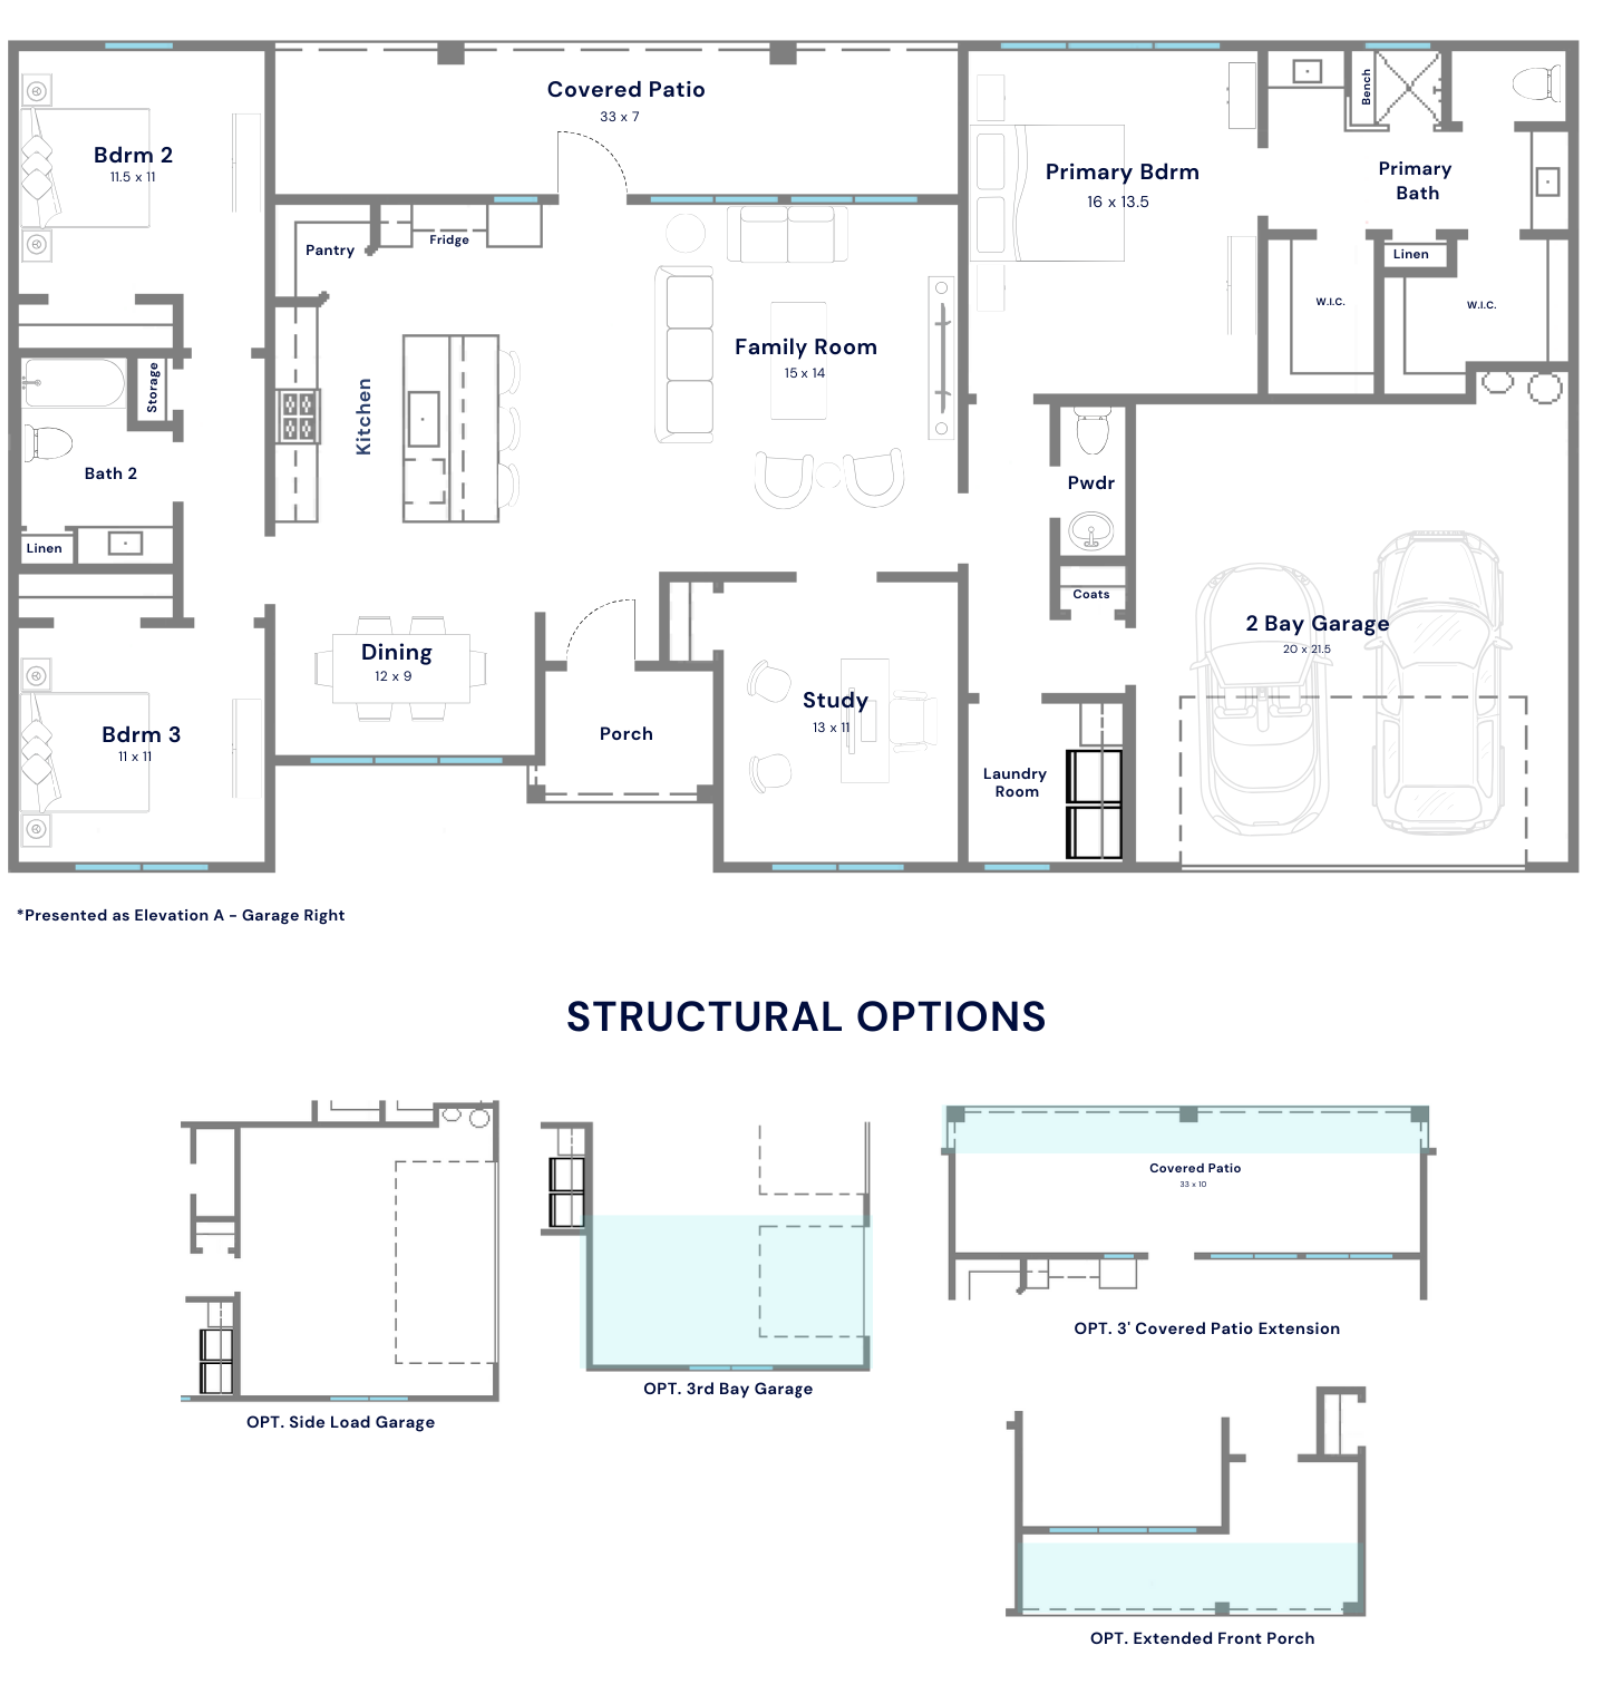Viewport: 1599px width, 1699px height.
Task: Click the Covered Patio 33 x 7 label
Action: pos(625,100)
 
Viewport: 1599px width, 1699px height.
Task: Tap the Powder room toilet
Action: pos(1092,430)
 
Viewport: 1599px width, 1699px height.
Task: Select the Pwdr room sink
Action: pos(1091,531)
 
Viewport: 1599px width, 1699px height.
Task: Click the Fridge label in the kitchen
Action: pos(449,240)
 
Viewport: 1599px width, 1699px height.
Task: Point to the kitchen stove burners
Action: pos(298,416)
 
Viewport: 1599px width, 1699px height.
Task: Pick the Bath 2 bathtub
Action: pos(74,384)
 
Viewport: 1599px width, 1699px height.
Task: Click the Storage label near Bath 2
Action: pos(152,387)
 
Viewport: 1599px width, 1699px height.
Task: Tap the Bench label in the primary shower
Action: pos(1366,87)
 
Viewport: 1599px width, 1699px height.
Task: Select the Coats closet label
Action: pos(1091,594)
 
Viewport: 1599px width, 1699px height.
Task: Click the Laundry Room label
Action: pos(1015,782)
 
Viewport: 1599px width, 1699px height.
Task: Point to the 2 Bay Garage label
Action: pos(1317,623)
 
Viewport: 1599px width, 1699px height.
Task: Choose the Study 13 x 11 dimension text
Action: pos(831,727)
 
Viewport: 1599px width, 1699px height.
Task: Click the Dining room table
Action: pos(400,668)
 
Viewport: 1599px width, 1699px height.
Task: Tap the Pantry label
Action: pos(330,250)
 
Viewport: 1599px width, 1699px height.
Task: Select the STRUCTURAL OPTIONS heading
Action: pos(805,1016)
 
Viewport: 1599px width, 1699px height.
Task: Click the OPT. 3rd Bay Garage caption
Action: pos(728,1388)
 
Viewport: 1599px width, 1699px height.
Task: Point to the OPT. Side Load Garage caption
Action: pos(340,1422)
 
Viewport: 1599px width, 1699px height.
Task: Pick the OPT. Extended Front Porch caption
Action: pos(1202,1638)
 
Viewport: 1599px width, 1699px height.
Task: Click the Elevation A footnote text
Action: pos(180,915)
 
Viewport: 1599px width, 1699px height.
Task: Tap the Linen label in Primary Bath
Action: pos(1410,254)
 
